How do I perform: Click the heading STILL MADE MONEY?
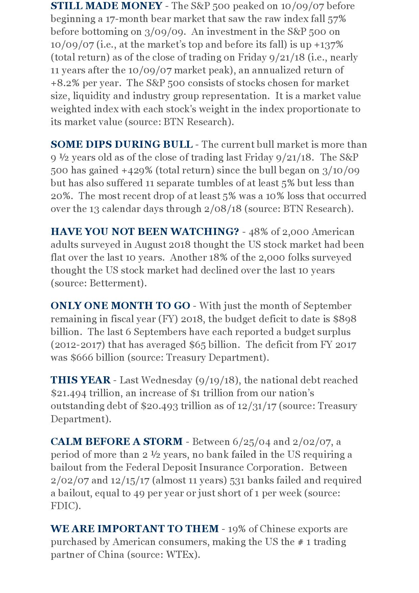click(x=106, y=6)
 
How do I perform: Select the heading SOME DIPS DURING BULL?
click(x=121, y=144)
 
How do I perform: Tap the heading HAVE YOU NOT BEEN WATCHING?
click(x=145, y=232)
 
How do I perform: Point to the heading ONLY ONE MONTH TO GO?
click(x=120, y=306)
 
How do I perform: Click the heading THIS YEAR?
click(x=80, y=380)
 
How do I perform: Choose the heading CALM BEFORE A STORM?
click(x=117, y=442)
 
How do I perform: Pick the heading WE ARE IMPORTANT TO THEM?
click(x=134, y=529)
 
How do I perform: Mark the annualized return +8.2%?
click(x=62, y=83)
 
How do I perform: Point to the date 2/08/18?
click(x=223, y=209)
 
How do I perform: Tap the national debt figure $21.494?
click(x=69, y=393)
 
